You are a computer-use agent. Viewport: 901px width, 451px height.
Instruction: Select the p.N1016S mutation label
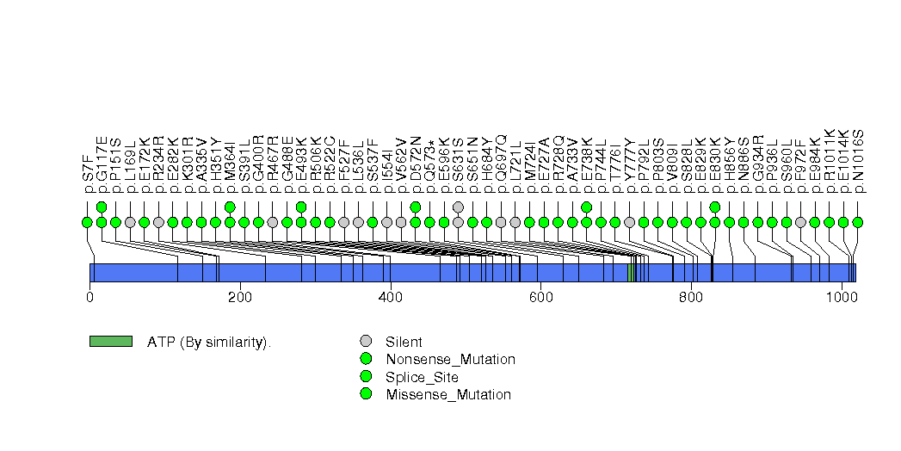click(858, 160)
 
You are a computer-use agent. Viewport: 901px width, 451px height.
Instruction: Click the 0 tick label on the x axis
click(89, 297)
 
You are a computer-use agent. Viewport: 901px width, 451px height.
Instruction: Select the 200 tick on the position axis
click(240, 297)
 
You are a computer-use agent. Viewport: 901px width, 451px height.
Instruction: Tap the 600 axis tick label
click(540, 297)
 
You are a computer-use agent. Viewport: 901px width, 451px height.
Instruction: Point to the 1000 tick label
click(841, 297)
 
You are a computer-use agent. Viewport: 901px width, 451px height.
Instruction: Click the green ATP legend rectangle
click(110, 342)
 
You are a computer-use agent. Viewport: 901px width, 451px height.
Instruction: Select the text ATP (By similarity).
click(209, 343)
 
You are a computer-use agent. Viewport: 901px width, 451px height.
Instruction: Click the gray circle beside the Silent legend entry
click(366, 341)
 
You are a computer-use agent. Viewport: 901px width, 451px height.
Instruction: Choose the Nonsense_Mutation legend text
click(450, 359)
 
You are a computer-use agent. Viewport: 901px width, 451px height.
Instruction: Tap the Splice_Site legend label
click(422, 377)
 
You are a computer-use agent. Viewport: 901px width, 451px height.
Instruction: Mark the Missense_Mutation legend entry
click(448, 395)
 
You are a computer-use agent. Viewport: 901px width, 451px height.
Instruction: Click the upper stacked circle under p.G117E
click(102, 207)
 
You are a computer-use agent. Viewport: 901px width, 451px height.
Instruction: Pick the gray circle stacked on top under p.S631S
click(458, 207)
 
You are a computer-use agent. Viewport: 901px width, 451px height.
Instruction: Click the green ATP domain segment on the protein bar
click(631, 273)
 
